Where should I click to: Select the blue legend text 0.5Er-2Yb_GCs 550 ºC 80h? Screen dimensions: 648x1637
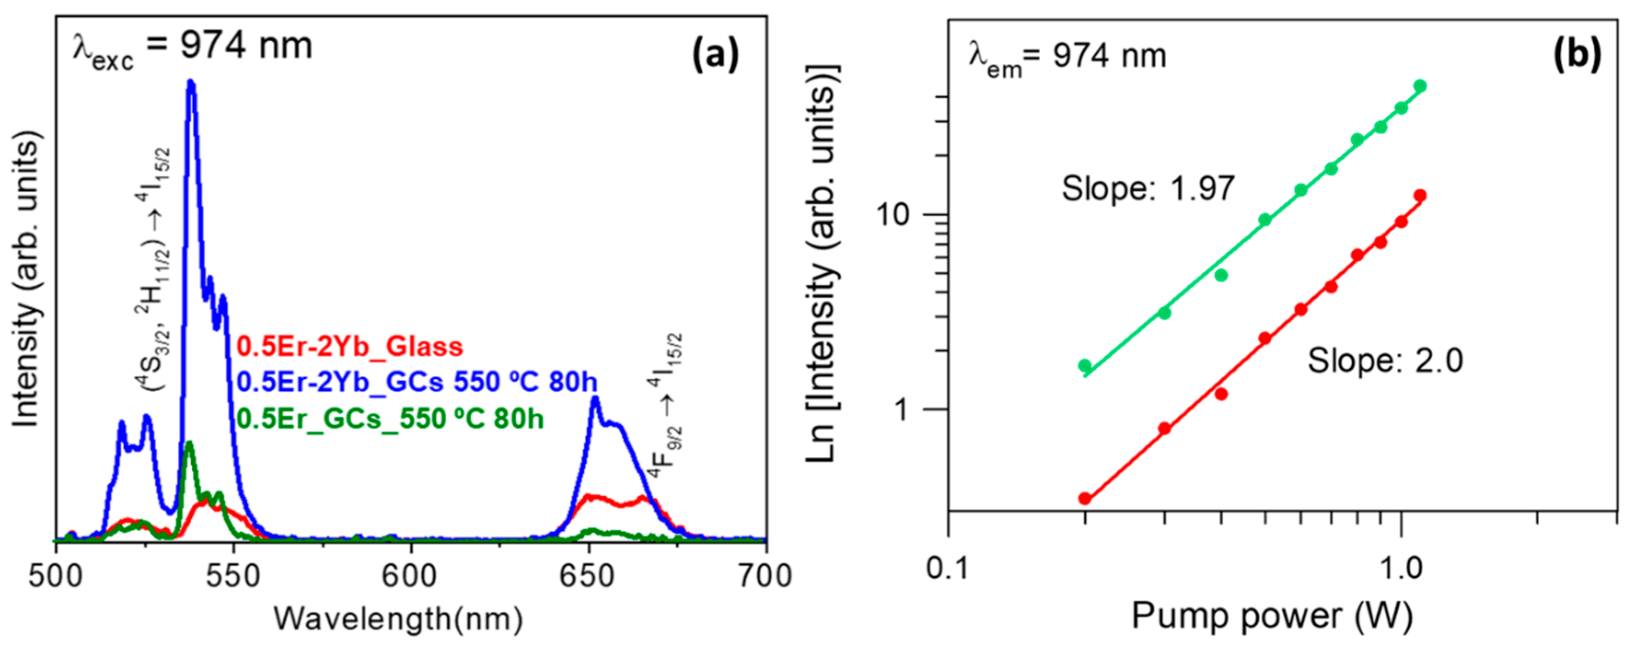417,382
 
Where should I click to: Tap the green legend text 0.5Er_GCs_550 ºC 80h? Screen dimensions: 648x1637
390,419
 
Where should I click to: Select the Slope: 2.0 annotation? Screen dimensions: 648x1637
1385,361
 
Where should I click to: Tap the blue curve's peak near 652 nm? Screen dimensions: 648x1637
595,399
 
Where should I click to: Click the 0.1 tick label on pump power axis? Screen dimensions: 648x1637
948,568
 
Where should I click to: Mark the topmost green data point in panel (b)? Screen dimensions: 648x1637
1420,86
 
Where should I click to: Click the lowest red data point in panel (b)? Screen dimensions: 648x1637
1085,499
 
